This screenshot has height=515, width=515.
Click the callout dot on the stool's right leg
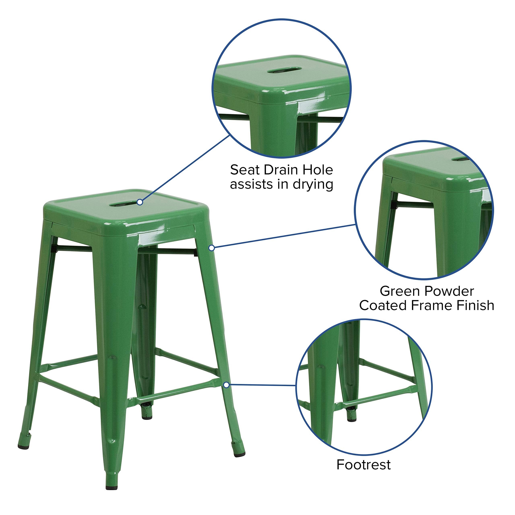(x=211, y=248)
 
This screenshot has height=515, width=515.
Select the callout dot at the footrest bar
(x=226, y=385)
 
